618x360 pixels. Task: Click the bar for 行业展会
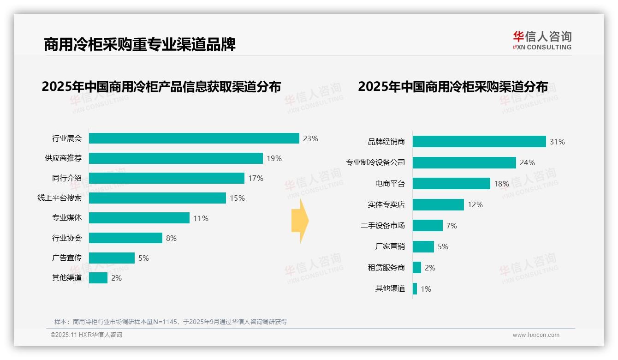(x=194, y=138)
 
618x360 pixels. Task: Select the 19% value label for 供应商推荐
(x=274, y=158)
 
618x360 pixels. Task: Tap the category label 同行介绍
(x=67, y=178)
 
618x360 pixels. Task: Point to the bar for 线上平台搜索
(x=157, y=198)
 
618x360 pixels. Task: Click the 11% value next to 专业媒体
(x=201, y=218)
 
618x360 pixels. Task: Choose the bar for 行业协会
(x=125, y=238)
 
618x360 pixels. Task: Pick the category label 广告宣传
(x=67, y=258)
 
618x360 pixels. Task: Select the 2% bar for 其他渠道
(x=98, y=278)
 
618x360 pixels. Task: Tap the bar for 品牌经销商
(x=479, y=142)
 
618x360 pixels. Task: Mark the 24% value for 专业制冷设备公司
(x=527, y=162)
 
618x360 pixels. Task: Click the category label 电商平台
(x=390, y=184)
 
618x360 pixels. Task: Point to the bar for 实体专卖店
(x=438, y=204)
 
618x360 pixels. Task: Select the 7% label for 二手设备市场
(x=452, y=226)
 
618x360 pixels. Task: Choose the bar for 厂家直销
(x=423, y=246)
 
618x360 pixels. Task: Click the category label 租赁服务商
(x=386, y=268)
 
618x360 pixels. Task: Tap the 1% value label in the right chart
(x=426, y=289)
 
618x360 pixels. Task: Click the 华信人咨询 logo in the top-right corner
(x=542, y=40)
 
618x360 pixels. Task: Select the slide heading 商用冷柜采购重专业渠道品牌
(x=140, y=44)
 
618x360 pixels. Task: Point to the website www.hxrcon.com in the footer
(x=536, y=335)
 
